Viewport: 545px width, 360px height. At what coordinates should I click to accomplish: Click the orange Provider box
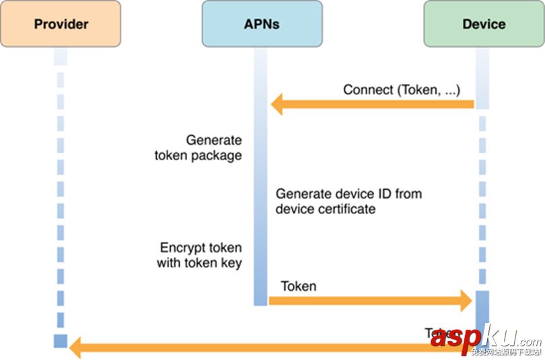pyautogui.click(x=61, y=24)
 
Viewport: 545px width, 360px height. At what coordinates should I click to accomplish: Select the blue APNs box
pyautogui.click(x=262, y=24)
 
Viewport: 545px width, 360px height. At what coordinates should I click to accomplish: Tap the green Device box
pyautogui.click(x=484, y=24)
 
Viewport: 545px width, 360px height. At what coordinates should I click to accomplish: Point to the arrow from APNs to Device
pyautogui.click(x=370, y=301)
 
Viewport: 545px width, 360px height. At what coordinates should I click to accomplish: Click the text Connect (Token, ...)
pyautogui.click(x=402, y=89)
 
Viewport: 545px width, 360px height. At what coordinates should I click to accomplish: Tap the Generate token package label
pyautogui.click(x=198, y=148)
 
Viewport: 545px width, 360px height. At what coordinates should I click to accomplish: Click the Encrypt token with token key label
pyautogui.click(x=199, y=255)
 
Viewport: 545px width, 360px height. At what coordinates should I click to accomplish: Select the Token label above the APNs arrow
pyautogui.click(x=299, y=286)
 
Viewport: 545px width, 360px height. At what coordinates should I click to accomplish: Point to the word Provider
pyautogui.click(x=61, y=24)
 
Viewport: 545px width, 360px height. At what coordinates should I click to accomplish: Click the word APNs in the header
pyautogui.click(x=262, y=24)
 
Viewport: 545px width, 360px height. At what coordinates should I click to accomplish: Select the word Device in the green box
pyautogui.click(x=484, y=24)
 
